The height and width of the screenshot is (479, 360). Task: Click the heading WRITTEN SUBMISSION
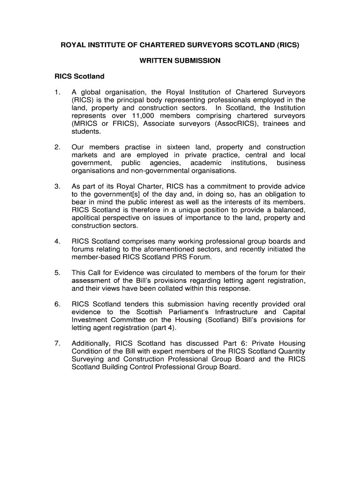coord(180,61)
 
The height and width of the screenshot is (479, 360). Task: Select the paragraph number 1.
coord(57,92)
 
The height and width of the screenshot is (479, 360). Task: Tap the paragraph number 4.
coord(57,242)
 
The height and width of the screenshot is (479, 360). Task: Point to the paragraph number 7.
coord(57,344)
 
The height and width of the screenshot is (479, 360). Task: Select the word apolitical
coord(88,218)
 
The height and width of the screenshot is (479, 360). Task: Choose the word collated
coord(185,289)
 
